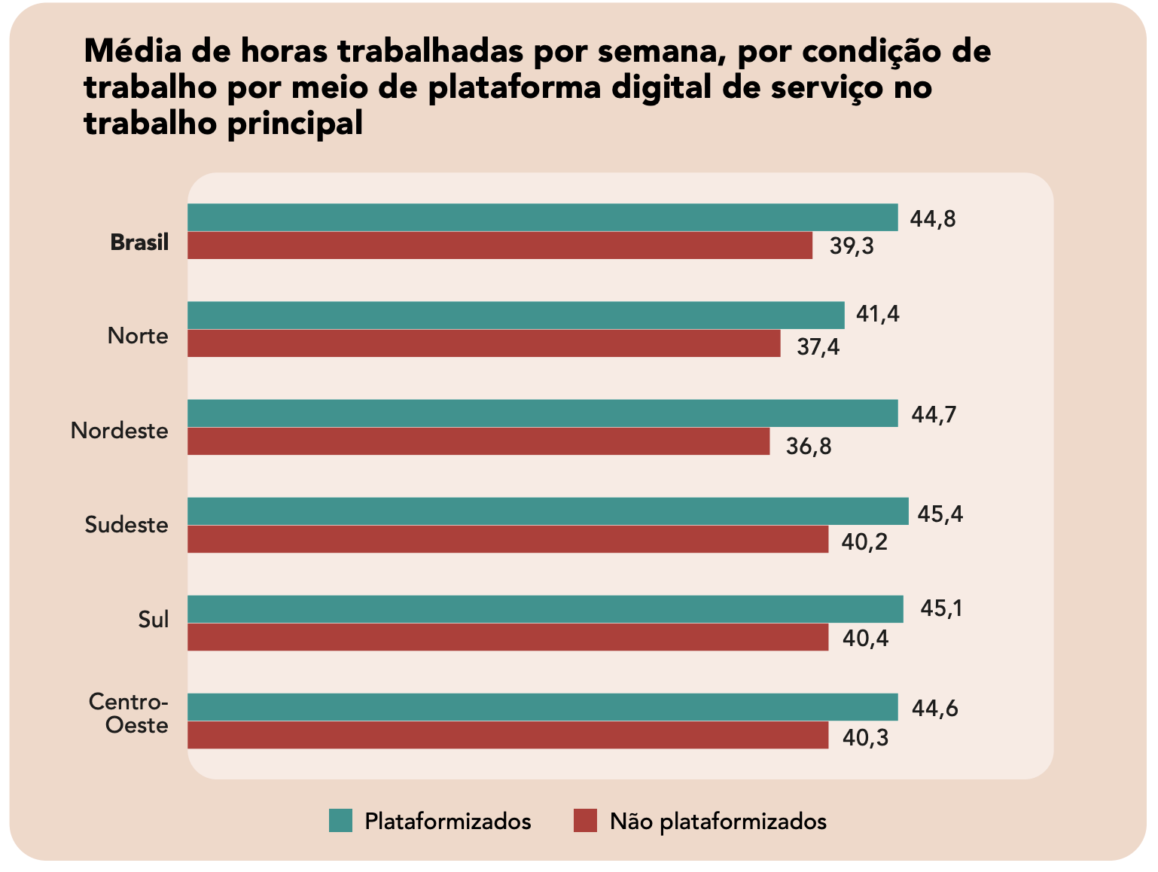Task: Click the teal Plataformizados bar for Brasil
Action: pos(542,218)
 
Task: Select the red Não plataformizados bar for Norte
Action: pos(483,343)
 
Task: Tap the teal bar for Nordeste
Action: pos(542,413)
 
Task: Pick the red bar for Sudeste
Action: pos(507,539)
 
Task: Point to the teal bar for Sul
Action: pos(545,609)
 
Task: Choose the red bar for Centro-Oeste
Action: pos(507,735)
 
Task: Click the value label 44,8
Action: pos(933,219)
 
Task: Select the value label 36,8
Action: pos(809,447)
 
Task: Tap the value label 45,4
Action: pos(940,514)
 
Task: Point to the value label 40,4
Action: pos(865,639)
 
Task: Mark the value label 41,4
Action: pos(878,314)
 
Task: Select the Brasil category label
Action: pos(139,242)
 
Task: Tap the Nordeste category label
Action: pos(120,431)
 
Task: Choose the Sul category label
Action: pos(154,620)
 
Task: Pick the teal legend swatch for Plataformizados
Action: pos(340,821)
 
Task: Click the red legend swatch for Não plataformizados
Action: pos(585,821)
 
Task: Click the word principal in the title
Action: pos(294,123)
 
